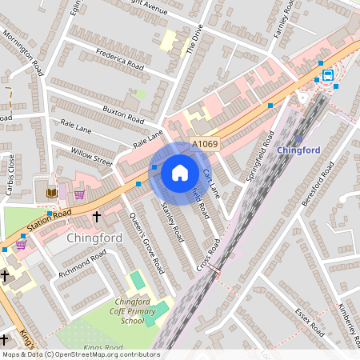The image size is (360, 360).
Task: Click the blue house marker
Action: tap(180, 172)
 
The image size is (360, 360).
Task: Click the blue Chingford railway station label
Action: tap(298, 150)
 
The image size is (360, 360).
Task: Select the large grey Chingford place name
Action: tap(94, 238)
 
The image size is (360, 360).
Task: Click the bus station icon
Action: tap(328, 75)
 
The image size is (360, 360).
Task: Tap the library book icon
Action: tap(52, 193)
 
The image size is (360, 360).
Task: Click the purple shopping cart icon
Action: tap(79, 194)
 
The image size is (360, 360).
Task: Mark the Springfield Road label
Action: tap(254, 156)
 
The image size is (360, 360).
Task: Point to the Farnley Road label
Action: tap(285, 20)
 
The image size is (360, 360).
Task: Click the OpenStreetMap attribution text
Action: tap(80, 354)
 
